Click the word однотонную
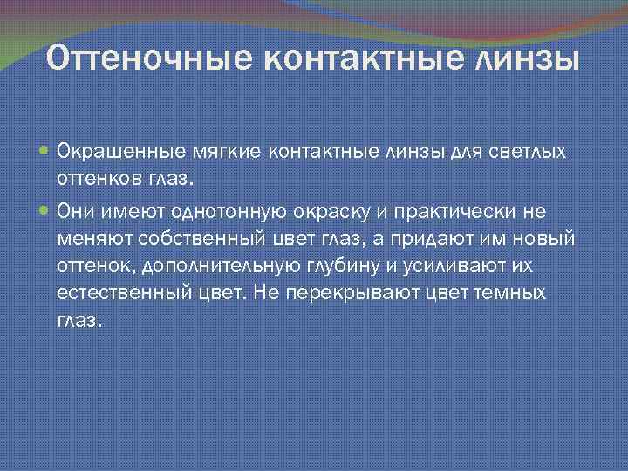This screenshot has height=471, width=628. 242,209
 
